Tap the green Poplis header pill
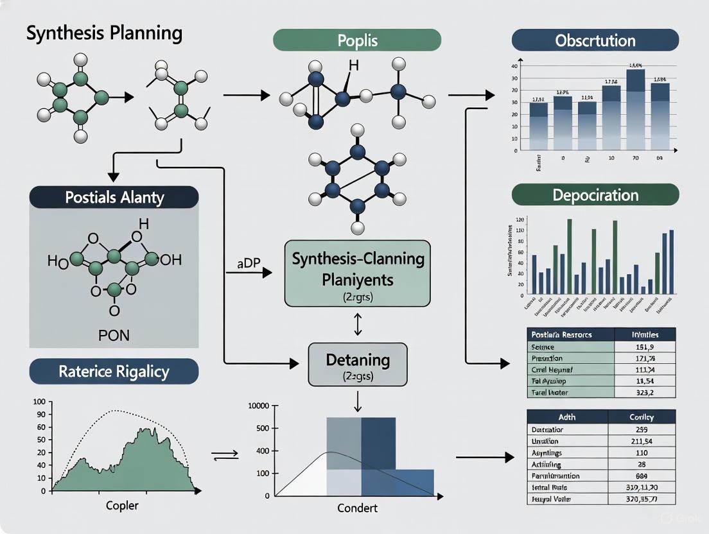tap(357, 40)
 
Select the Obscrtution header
tap(595, 40)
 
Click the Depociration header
tap(595, 194)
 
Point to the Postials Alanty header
tap(114, 197)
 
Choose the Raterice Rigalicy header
tap(114, 371)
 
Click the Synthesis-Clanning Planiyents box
tap(358, 273)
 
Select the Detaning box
tap(358, 365)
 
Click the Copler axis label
tap(122, 506)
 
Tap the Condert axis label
tap(357, 508)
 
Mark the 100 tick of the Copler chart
tap(39, 402)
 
